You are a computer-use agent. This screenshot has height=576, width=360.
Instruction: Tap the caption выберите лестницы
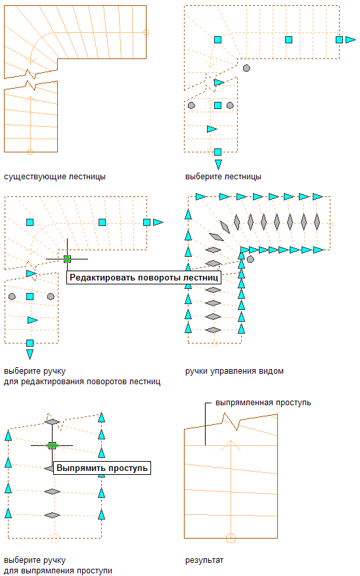pyautogui.click(x=223, y=177)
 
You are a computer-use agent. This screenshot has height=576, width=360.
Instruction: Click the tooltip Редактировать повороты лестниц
pyautogui.click(x=144, y=278)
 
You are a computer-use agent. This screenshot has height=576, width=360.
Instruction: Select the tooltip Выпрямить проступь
pyautogui.click(x=102, y=468)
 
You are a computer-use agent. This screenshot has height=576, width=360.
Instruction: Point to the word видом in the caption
pyautogui.click(x=271, y=371)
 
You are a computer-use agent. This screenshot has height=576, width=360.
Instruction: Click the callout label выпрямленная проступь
pyautogui.click(x=263, y=403)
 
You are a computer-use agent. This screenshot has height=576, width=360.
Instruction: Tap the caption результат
pyautogui.click(x=204, y=561)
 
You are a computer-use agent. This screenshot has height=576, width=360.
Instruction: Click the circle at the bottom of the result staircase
pyautogui.click(x=231, y=538)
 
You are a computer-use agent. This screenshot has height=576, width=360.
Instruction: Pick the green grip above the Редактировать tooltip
pyautogui.click(x=67, y=259)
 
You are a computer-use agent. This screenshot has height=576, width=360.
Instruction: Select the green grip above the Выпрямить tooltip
pyautogui.click(x=52, y=445)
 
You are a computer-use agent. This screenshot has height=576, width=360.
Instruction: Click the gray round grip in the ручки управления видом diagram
pyautogui.click(x=250, y=259)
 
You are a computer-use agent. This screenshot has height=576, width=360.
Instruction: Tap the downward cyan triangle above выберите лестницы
pyautogui.click(x=218, y=164)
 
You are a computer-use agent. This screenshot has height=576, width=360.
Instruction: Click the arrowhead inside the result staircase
pyautogui.click(x=231, y=445)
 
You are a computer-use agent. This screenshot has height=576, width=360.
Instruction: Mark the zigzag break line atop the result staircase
pyautogui.click(x=231, y=422)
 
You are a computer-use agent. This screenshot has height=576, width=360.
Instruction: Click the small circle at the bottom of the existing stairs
pyautogui.click(x=30, y=152)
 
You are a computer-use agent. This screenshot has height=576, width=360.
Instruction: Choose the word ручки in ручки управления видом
pyautogui.click(x=196, y=371)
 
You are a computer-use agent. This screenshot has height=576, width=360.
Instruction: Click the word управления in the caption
pyautogui.click(x=234, y=371)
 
